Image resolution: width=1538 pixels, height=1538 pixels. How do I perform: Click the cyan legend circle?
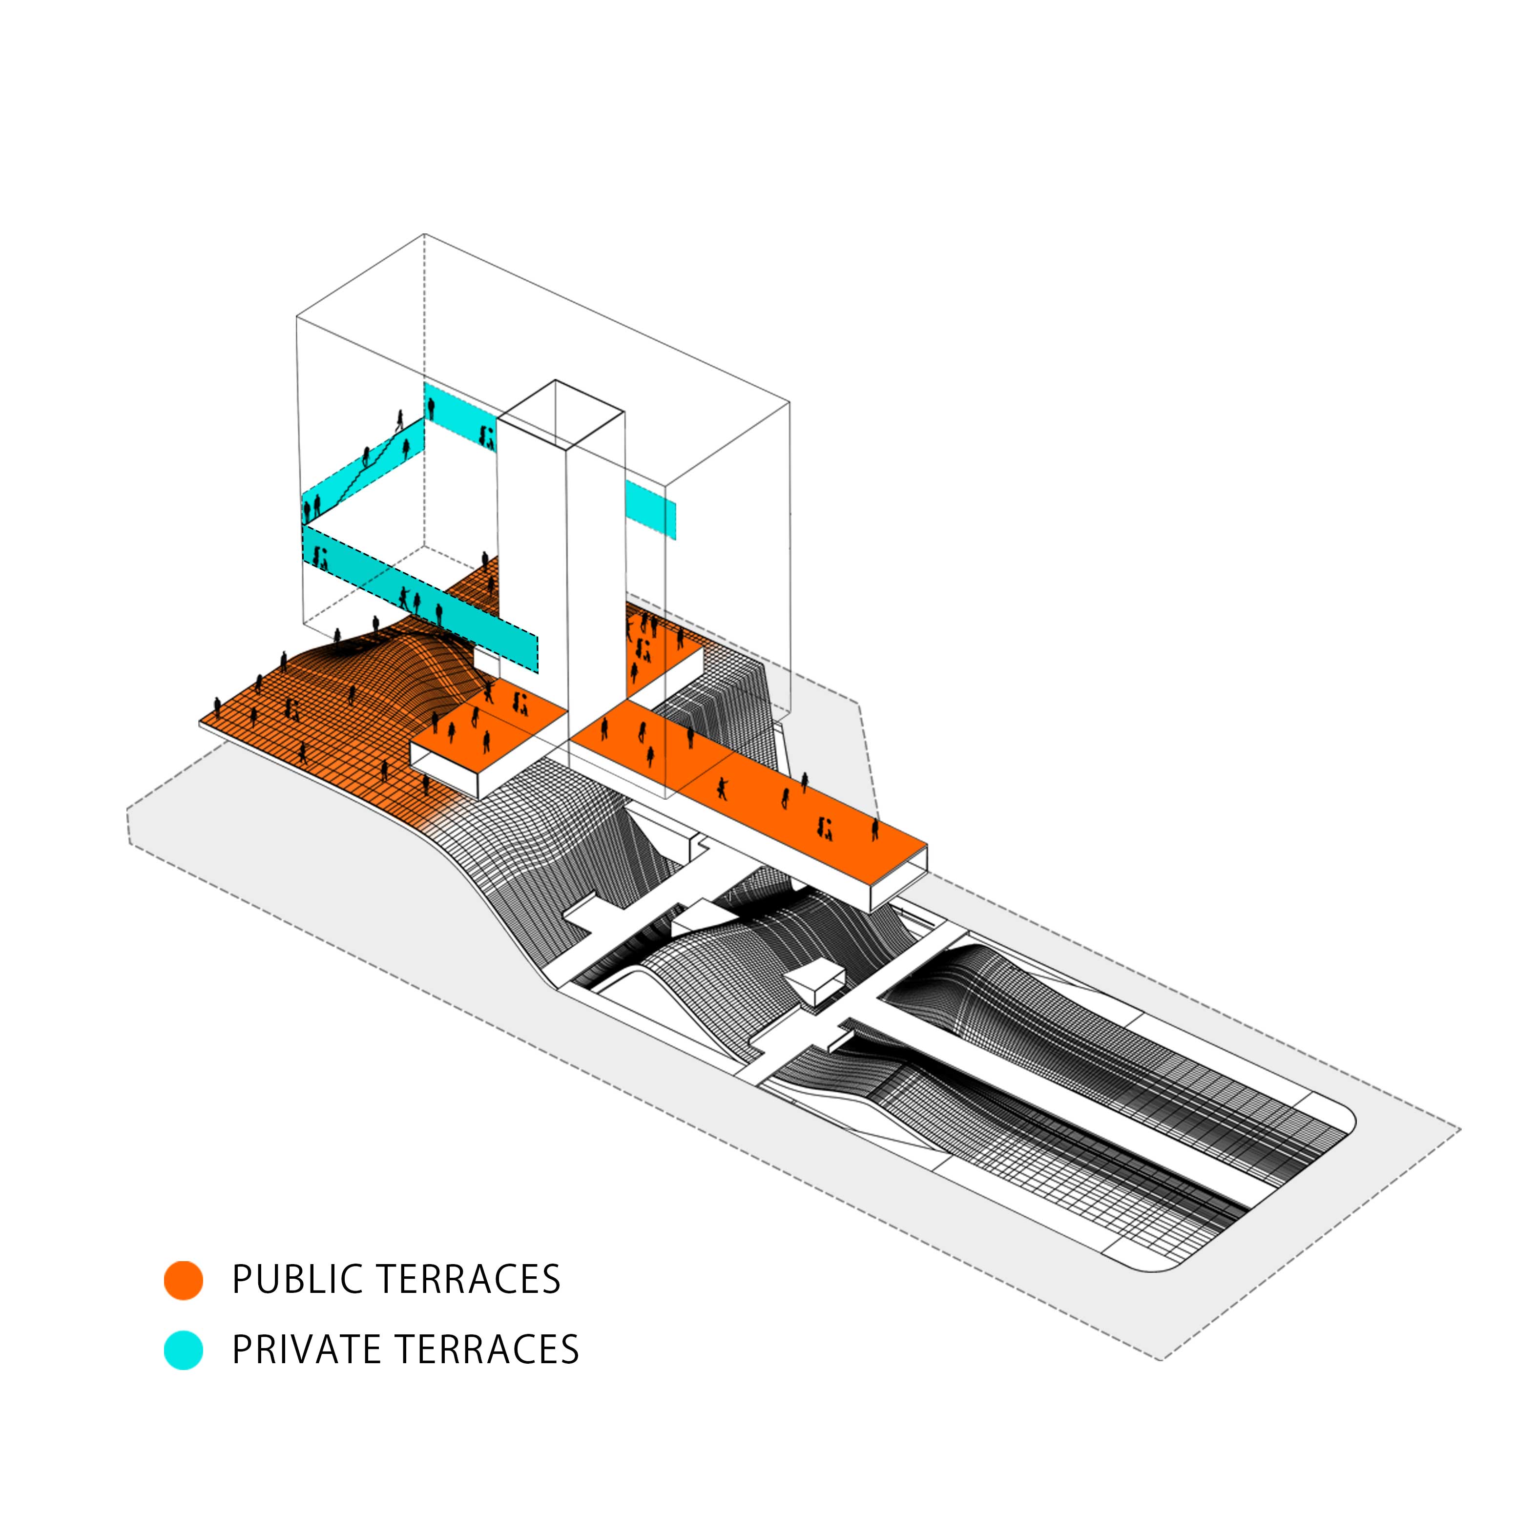[183, 1350]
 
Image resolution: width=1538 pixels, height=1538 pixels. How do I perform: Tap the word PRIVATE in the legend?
[307, 1350]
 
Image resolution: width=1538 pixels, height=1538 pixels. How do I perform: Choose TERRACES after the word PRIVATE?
[487, 1350]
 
